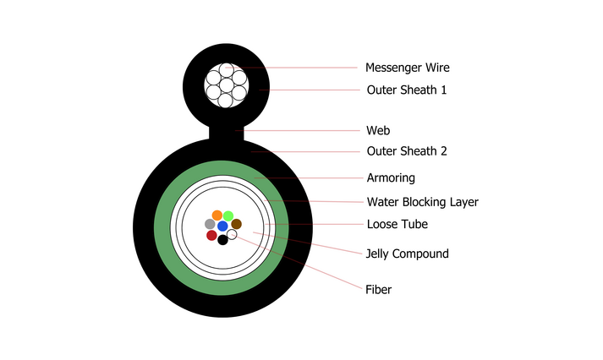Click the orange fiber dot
tap(217, 215)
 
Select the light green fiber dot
tap(228, 216)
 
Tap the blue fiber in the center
tap(222, 226)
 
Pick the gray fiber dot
tap(210, 224)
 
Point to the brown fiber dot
tap(237, 224)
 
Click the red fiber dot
tap(211, 235)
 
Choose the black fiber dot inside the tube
tap(222, 240)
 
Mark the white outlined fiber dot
tap(232, 234)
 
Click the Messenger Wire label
tap(408, 68)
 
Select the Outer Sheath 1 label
tap(407, 90)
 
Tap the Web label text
tap(378, 131)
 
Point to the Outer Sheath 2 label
tap(407, 151)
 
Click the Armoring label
tap(391, 177)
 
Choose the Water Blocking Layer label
tap(423, 202)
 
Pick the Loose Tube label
tap(397, 224)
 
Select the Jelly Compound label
tap(408, 254)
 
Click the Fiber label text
tap(378, 289)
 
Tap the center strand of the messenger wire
tap(227, 85)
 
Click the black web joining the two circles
tap(227, 134)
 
